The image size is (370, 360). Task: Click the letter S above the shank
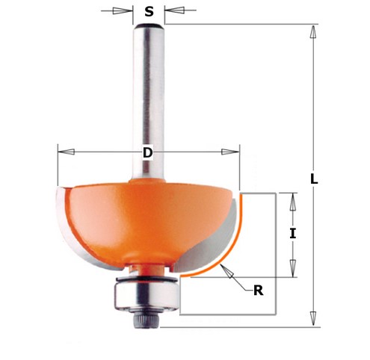click(x=149, y=11)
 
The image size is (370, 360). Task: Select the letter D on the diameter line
click(x=147, y=152)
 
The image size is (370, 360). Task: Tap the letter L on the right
click(x=315, y=180)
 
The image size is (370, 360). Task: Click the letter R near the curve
click(x=259, y=291)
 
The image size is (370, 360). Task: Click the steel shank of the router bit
click(x=149, y=97)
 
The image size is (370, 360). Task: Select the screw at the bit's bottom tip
click(x=146, y=318)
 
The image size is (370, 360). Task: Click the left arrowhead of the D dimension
click(x=64, y=152)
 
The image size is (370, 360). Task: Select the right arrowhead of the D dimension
click(x=232, y=152)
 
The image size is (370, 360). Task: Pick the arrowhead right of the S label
click(x=173, y=11)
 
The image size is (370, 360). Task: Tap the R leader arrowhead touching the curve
click(x=226, y=271)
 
